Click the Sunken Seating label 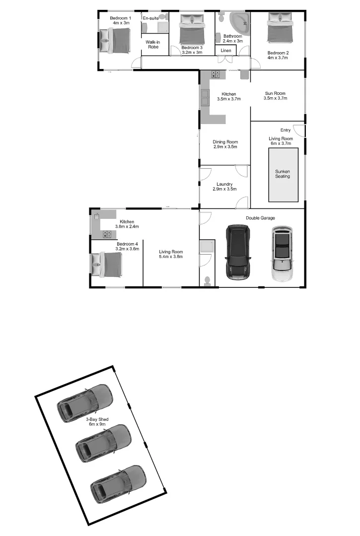(283, 174)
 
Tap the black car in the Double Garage (239, 251)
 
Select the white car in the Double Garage (282, 255)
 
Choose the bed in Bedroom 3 (192, 30)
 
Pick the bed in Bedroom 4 (107, 265)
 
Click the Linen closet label (226, 51)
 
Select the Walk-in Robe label (152, 45)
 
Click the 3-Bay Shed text (97, 422)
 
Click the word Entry (286, 130)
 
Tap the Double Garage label (260, 218)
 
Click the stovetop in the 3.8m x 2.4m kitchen (107, 234)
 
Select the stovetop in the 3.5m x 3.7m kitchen (216, 74)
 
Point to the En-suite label (150, 18)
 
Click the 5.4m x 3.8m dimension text (171, 257)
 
